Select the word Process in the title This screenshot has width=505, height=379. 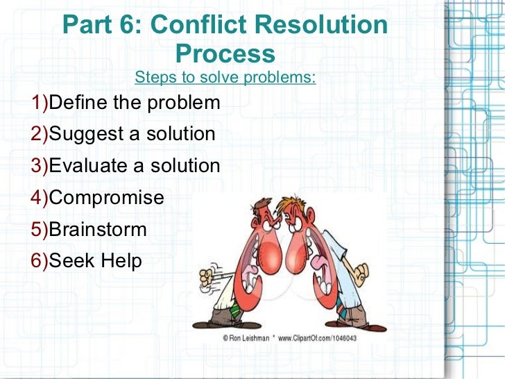[225, 53]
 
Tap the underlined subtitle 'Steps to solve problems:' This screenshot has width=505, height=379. [225, 76]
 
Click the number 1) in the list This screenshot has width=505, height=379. [40, 103]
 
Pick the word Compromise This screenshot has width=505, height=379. [107, 198]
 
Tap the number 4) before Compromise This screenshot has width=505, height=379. [40, 198]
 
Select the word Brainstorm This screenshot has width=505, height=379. [98, 229]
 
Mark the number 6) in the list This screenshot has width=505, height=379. [40, 261]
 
